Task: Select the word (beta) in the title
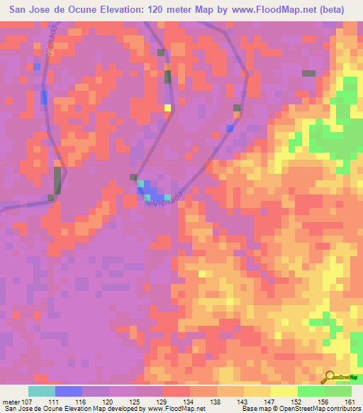[x=331, y=9]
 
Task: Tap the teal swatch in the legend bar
[x=41, y=391]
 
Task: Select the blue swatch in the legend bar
[x=68, y=391]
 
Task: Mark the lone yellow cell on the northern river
[x=168, y=108]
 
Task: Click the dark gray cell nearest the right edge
[x=308, y=73]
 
